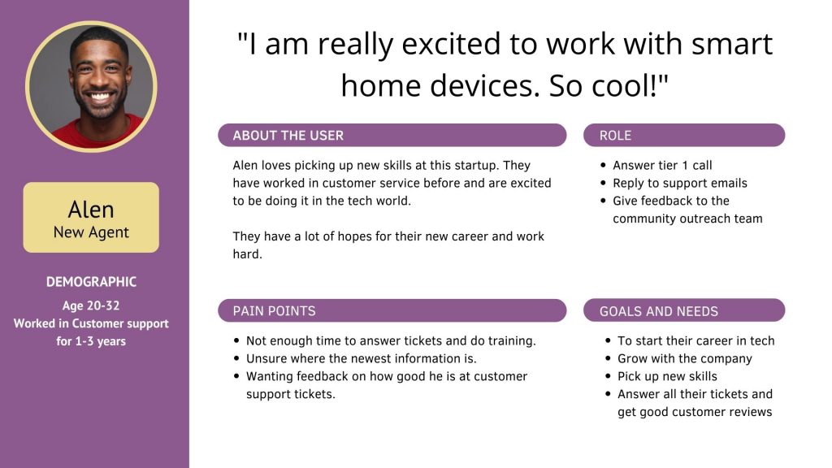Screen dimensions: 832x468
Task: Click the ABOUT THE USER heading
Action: (x=288, y=136)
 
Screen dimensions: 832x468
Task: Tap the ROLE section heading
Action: (x=615, y=136)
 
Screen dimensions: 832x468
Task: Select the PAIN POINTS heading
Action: (x=274, y=311)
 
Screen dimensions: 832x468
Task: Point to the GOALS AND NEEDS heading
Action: (x=658, y=311)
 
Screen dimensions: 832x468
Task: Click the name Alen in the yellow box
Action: (x=91, y=210)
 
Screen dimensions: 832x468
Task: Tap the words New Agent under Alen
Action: (x=91, y=232)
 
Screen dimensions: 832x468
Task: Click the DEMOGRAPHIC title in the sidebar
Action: (x=91, y=282)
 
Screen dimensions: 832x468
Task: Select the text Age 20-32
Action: (x=91, y=305)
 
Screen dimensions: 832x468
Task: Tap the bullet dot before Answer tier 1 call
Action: (x=603, y=166)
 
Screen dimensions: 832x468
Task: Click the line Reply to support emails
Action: (x=680, y=183)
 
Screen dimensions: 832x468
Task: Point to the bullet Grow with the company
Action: (x=684, y=358)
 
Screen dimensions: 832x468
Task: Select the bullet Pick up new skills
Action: (x=667, y=376)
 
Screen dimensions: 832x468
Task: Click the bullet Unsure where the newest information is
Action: (x=361, y=358)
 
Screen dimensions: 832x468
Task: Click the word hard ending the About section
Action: (x=247, y=254)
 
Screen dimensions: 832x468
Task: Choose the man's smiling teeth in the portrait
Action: (x=100, y=97)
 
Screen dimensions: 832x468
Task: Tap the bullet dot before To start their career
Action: (x=608, y=341)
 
